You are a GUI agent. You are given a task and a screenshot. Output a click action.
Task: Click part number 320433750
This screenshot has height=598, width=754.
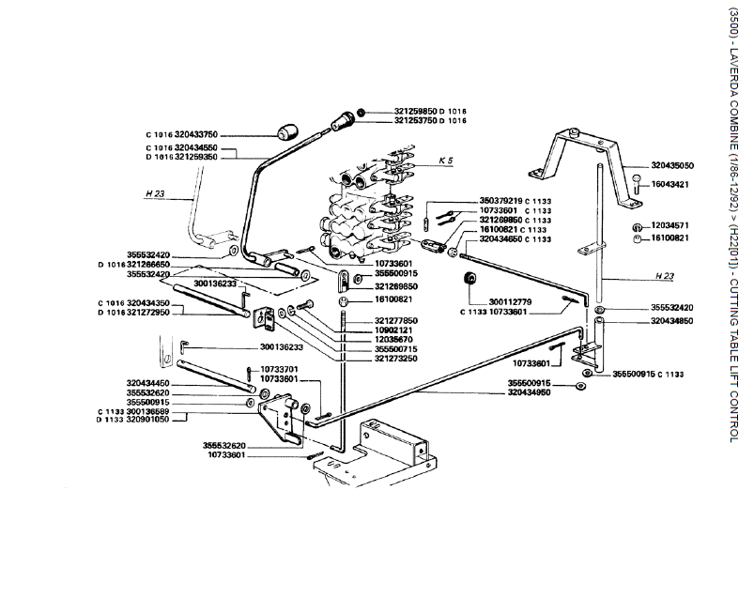click(196, 135)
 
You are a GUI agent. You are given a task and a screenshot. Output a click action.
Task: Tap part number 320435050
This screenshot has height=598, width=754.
click(672, 164)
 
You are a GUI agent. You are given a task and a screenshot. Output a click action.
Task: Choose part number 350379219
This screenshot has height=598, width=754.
click(501, 201)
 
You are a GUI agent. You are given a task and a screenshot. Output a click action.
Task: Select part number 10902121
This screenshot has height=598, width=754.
click(394, 330)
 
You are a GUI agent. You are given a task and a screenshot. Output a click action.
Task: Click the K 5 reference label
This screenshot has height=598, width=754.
click(446, 161)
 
